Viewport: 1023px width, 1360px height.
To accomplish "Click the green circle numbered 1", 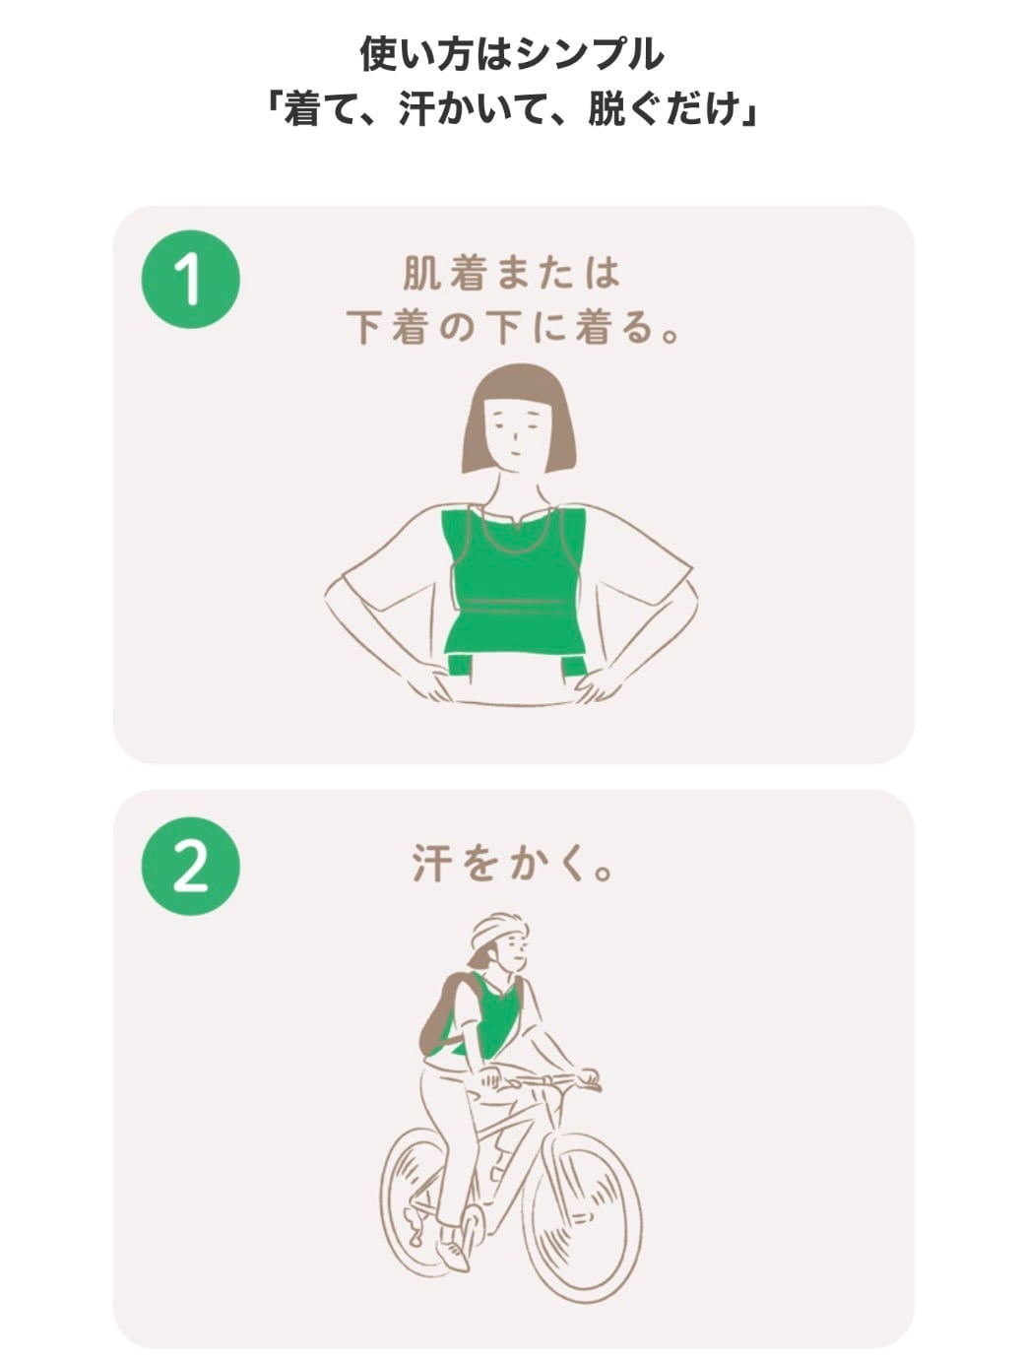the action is (190, 279).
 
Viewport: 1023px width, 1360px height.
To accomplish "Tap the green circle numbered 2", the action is (190, 866).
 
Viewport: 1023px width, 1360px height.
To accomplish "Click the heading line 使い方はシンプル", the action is (512, 54).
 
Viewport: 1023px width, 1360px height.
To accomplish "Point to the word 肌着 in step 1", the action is (443, 273).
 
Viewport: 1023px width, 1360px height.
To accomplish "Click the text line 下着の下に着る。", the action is (512, 327).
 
